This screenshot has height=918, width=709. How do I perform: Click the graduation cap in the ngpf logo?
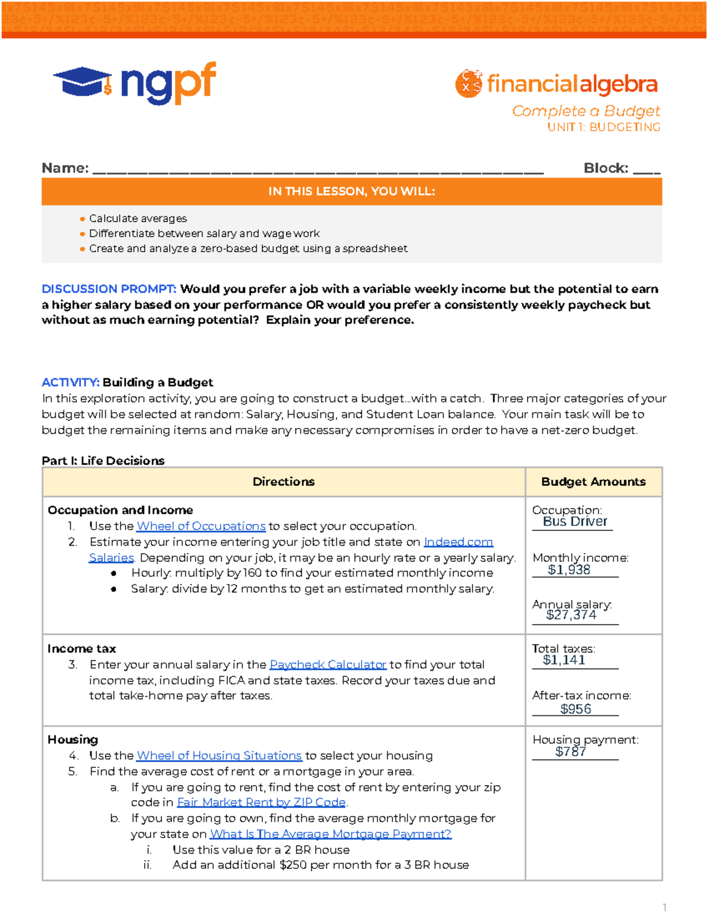coord(82,82)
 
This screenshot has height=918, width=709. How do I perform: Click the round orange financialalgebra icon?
coord(469,83)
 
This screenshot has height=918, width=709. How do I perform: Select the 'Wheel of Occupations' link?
coord(201,526)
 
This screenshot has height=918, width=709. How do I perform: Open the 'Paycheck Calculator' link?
coord(328,664)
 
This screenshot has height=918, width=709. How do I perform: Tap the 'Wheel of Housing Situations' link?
coord(219,755)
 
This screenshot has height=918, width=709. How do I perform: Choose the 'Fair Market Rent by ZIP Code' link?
coord(261,802)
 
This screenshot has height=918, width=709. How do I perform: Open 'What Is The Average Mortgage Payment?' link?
coord(330,833)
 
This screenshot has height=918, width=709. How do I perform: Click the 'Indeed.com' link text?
coord(458,542)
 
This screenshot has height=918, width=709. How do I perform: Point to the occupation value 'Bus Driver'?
coord(575,521)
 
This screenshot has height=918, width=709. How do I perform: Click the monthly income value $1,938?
coord(569,570)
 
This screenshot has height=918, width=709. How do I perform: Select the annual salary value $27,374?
coord(571,615)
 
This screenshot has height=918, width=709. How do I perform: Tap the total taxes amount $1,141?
coord(564,660)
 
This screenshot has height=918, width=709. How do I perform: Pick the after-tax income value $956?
coord(575,709)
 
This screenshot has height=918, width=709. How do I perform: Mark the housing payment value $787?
coord(571,751)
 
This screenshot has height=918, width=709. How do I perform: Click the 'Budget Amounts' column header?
coord(593,482)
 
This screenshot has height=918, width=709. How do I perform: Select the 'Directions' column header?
coord(284,482)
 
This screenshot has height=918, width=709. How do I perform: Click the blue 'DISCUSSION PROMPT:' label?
coord(109,289)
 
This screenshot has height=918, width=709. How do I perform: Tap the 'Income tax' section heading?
coord(82,648)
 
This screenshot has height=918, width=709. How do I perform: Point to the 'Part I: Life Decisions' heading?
coord(103,460)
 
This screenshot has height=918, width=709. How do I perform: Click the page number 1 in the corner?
coord(665,907)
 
